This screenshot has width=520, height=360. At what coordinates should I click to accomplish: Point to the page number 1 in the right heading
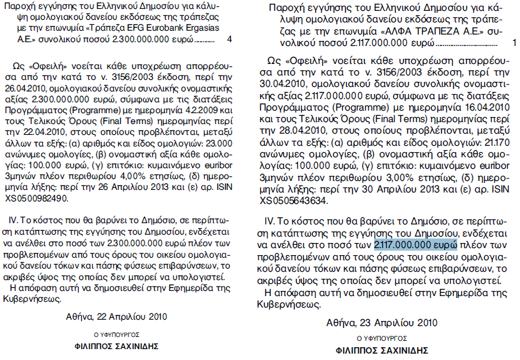click(514, 43)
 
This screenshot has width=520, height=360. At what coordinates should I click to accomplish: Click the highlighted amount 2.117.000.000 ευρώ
click(415, 244)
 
